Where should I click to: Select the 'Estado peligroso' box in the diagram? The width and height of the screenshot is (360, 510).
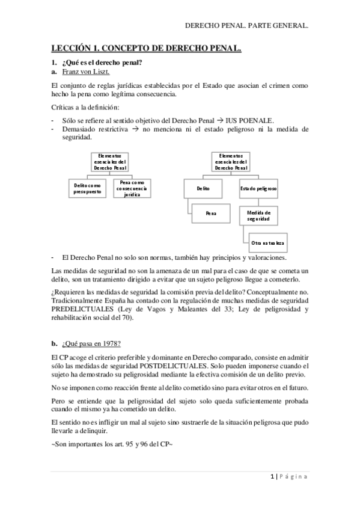258,188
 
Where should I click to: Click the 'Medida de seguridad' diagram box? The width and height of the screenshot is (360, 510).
258,216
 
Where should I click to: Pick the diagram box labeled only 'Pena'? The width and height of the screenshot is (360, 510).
211,213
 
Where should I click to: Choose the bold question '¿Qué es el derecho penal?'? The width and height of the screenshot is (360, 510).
102,63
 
